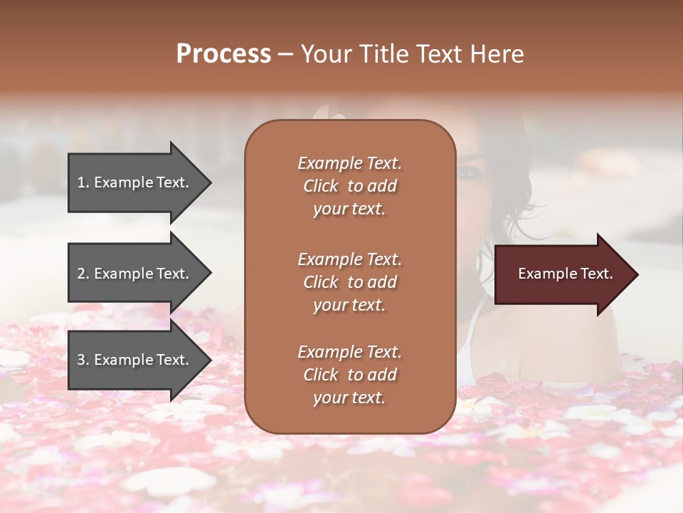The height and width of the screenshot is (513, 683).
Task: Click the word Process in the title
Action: point(223,54)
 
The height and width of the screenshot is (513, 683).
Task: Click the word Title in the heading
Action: point(383,54)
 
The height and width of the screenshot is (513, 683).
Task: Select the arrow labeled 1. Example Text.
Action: point(135,182)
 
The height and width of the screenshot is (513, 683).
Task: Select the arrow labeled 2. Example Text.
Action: point(135,274)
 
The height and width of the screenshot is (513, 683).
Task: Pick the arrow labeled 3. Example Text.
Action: point(135,360)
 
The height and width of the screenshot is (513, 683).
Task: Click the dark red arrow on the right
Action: point(562,274)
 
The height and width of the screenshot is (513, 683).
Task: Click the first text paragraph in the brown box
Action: point(349,186)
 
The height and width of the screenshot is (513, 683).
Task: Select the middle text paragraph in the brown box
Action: point(349,282)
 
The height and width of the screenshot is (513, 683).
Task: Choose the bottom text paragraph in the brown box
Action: point(349,375)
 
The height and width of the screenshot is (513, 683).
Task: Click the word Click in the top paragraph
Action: point(321,186)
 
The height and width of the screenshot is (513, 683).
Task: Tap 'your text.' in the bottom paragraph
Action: point(349,398)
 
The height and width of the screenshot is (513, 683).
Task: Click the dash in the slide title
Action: point(285,55)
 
